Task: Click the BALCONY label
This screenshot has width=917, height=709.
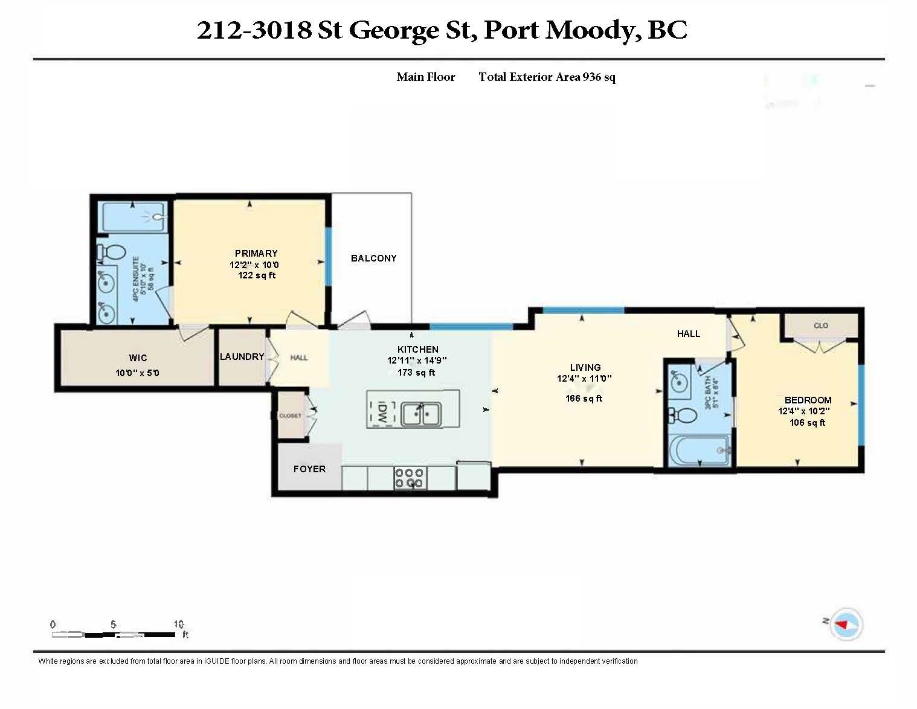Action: coord(373,258)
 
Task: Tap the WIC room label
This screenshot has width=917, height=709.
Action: coord(138,358)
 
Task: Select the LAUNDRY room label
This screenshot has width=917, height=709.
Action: coord(242,356)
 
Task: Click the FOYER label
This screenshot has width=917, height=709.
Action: coord(309,469)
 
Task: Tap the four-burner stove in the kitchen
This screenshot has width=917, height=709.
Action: coord(409,478)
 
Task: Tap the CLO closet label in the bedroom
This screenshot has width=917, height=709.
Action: coord(821,326)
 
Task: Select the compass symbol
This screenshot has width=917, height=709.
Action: coord(846,624)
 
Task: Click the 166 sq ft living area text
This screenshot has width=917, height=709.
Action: coord(584,398)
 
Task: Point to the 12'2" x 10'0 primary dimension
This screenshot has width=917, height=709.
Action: coord(254,265)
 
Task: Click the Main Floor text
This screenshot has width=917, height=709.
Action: coord(425,77)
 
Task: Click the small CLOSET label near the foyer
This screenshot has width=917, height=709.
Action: coord(290,415)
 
